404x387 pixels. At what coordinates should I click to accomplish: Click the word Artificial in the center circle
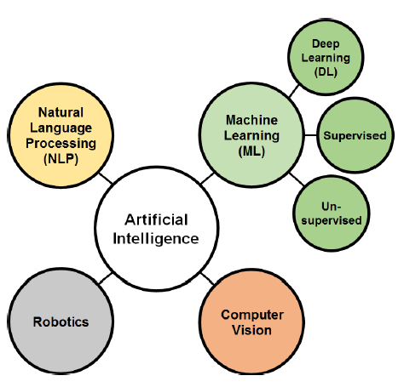(x=156, y=219)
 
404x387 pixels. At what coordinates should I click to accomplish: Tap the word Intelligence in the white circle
(x=156, y=238)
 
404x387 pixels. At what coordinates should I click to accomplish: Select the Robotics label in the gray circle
(x=61, y=322)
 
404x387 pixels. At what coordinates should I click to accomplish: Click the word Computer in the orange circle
(x=252, y=315)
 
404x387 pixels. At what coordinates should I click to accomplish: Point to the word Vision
(x=251, y=330)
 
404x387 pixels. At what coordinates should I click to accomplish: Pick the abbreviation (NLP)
(x=61, y=158)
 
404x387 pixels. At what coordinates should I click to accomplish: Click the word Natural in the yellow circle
(x=61, y=112)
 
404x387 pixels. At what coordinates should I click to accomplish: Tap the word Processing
(x=61, y=143)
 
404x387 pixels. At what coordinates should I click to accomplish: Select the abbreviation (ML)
(x=251, y=151)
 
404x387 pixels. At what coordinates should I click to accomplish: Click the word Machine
(x=251, y=120)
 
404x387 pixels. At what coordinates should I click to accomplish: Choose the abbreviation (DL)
(x=326, y=71)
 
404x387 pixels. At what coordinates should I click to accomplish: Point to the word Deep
(x=326, y=43)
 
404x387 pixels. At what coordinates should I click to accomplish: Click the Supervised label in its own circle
(x=355, y=135)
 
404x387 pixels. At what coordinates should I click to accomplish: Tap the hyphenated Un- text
(x=332, y=207)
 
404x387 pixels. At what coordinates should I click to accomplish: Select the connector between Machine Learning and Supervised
(x=310, y=135)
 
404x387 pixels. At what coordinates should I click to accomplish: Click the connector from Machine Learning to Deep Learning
(x=294, y=91)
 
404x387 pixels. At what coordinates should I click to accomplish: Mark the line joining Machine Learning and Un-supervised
(x=297, y=179)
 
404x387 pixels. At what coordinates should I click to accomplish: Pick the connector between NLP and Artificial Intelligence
(x=106, y=179)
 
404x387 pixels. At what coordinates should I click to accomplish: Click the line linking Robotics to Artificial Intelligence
(x=105, y=278)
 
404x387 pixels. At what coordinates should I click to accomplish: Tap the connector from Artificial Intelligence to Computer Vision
(x=207, y=278)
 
